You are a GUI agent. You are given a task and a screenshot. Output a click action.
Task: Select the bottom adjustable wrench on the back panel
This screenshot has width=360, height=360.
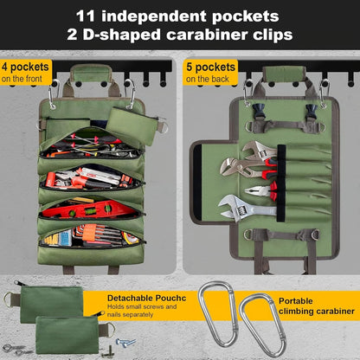click(x=247, y=208)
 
